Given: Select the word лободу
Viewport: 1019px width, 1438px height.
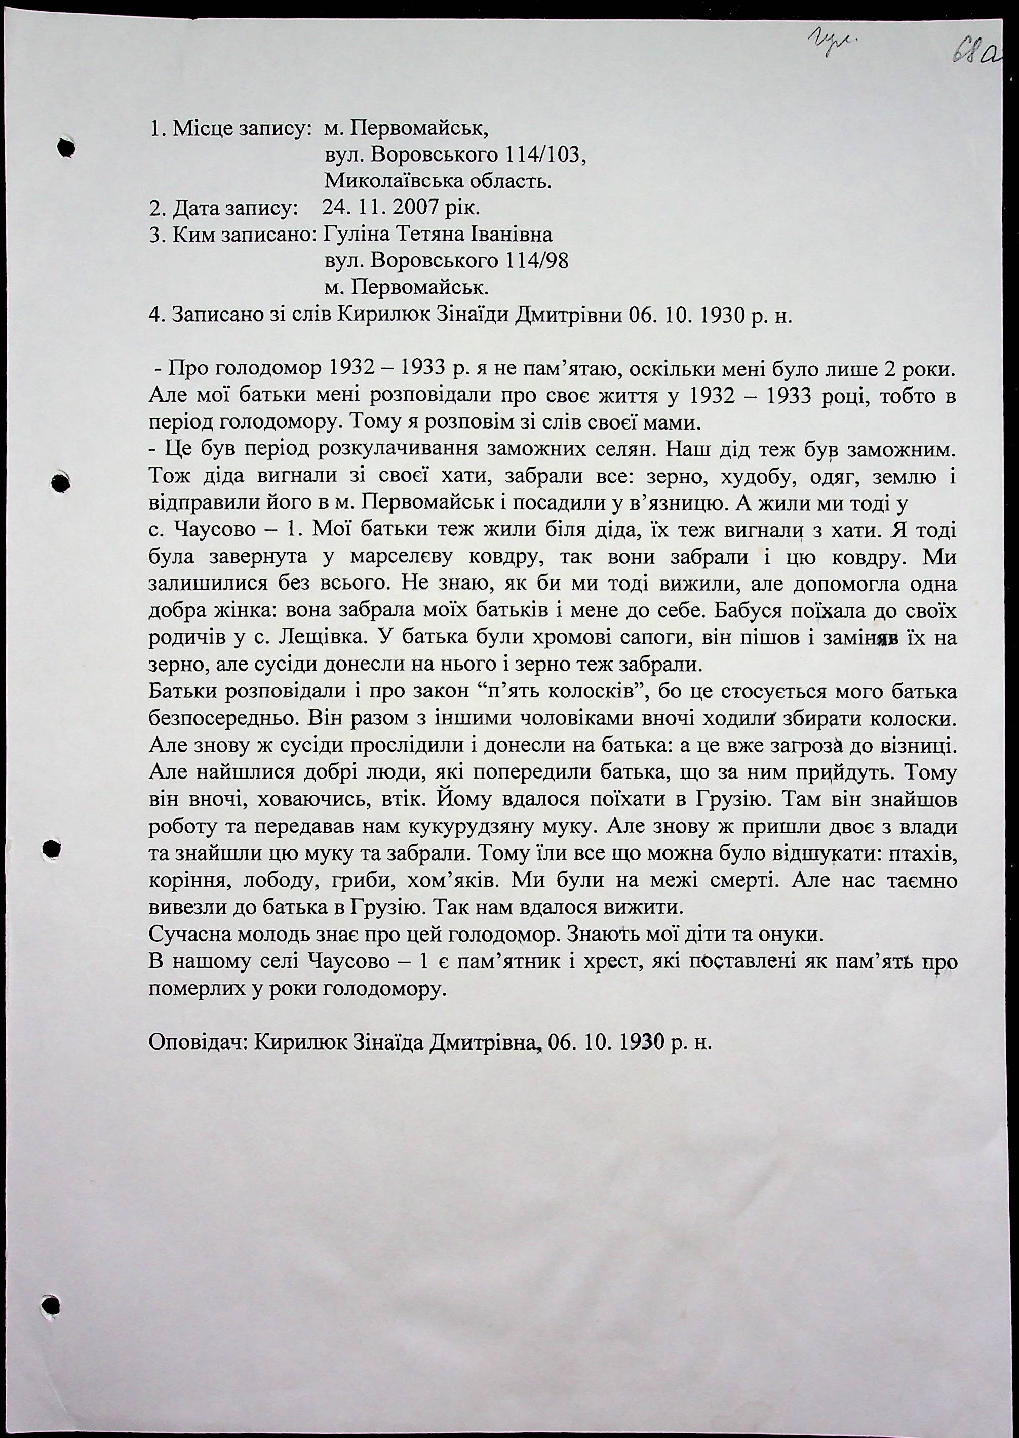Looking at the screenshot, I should (281, 881).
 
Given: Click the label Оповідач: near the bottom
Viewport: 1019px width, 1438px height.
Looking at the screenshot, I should (198, 1043).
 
